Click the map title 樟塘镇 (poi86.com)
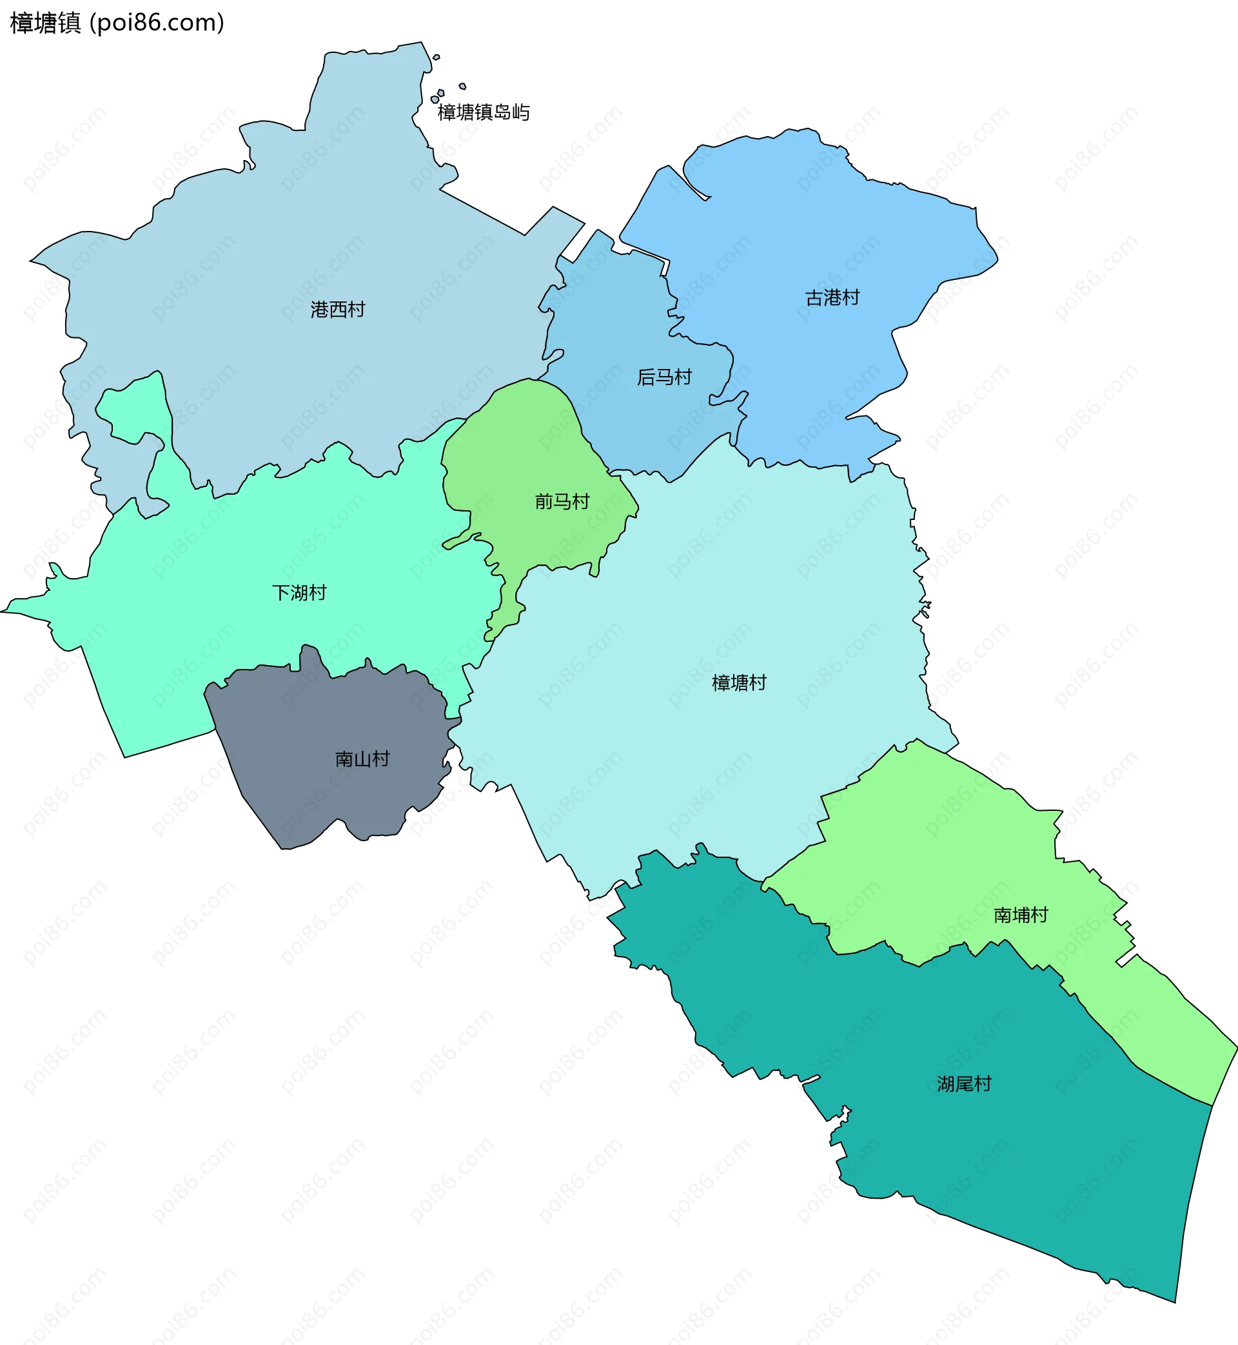(x=117, y=23)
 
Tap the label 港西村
(x=338, y=310)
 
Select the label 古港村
(x=832, y=297)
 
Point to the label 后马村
(x=664, y=377)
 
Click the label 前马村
(x=562, y=501)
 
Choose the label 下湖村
(x=299, y=592)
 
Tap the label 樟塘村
(x=739, y=683)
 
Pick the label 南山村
(x=362, y=759)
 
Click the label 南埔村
(x=1020, y=915)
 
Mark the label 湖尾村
(x=964, y=1084)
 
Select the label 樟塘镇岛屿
(x=484, y=113)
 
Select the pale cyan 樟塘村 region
(x=670, y=771)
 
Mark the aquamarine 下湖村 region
(x=201, y=637)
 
